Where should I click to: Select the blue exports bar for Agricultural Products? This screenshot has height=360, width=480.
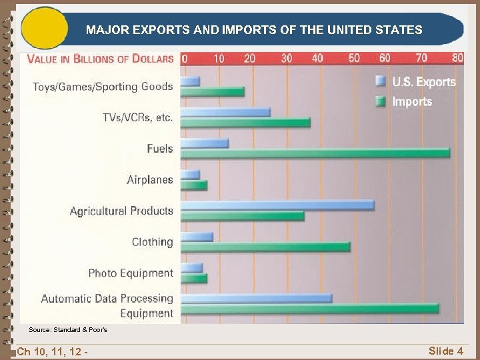click(x=277, y=205)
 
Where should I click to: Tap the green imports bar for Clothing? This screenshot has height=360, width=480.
click(x=265, y=247)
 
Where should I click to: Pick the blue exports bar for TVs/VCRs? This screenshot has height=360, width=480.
click(x=225, y=112)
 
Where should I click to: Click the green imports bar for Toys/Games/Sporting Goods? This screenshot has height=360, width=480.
click(x=212, y=91)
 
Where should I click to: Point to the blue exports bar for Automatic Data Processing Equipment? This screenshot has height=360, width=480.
click(x=257, y=298)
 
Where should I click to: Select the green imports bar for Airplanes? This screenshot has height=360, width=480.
click(x=194, y=185)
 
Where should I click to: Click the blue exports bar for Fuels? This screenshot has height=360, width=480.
click(x=205, y=143)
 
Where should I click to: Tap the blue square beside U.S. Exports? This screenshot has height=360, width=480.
click(x=381, y=81)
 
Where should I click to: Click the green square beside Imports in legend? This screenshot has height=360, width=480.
click(x=381, y=101)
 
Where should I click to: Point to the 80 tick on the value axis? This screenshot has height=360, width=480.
click(x=457, y=58)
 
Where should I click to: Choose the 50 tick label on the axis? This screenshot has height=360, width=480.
click(x=353, y=58)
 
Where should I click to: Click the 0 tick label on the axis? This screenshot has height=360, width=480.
click(x=185, y=58)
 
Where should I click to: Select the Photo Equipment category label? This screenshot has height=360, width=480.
click(x=130, y=273)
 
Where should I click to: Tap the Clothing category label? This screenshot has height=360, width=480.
click(x=152, y=241)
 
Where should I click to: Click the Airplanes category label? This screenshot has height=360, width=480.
click(x=149, y=179)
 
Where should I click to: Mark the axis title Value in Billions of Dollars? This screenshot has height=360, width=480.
click(x=100, y=58)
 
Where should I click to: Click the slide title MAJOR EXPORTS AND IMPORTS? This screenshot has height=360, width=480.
click(x=254, y=30)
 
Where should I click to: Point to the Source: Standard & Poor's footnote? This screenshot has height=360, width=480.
click(x=67, y=330)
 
